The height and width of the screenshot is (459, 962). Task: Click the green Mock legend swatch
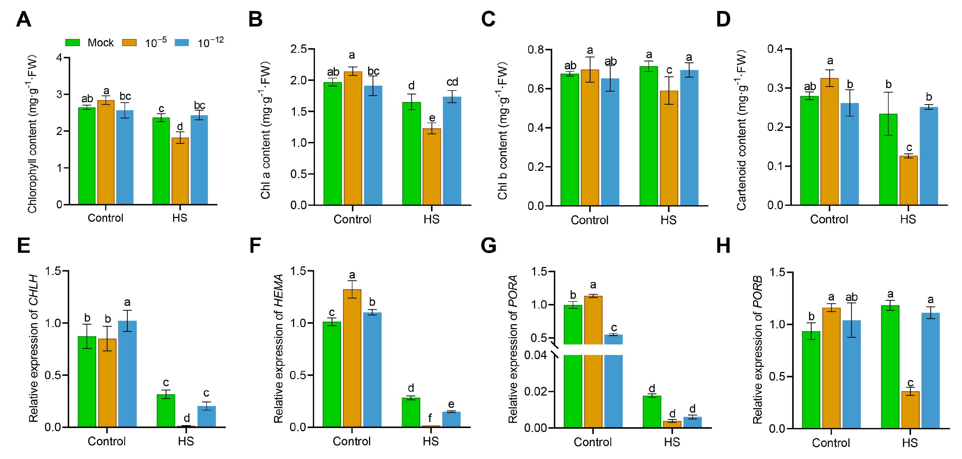click(73, 43)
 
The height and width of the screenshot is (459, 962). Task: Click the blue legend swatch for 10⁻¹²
click(182, 43)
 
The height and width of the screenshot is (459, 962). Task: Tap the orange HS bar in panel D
click(908, 180)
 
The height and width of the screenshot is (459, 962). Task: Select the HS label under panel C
click(668, 220)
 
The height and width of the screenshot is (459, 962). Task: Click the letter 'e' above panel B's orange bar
click(432, 118)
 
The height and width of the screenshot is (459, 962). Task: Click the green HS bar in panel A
click(161, 161)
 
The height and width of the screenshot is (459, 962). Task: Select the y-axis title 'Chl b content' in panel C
click(503, 131)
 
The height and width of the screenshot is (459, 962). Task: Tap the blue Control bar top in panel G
click(614, 336)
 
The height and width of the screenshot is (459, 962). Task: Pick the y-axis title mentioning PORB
click(757, 349)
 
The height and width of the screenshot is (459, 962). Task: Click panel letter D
click(723, 20)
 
